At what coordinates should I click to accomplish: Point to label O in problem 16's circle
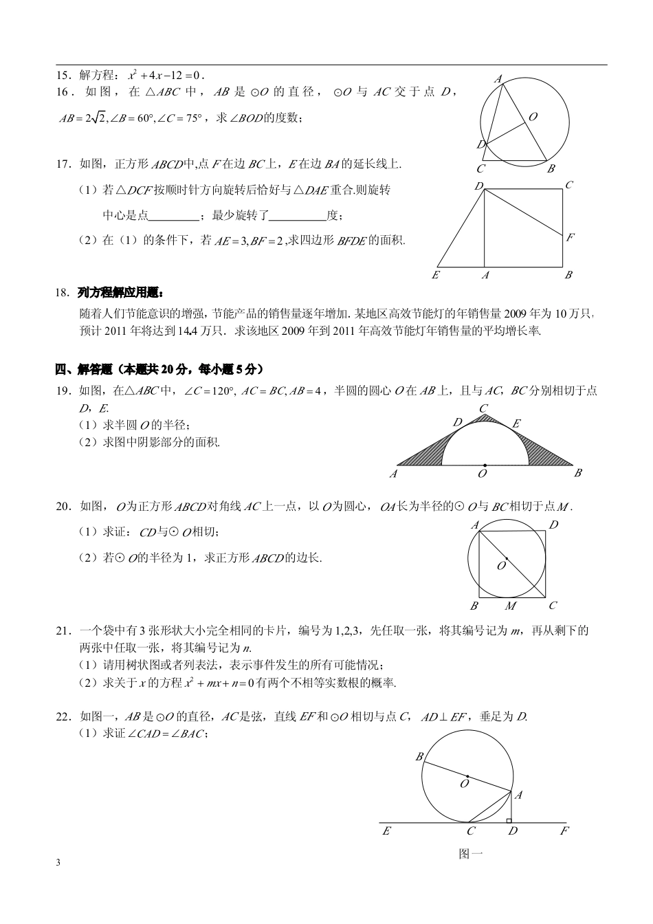[x=533, y=117]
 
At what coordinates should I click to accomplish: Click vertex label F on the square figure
[x=570, y=238]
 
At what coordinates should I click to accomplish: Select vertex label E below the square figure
[x=435, y=275]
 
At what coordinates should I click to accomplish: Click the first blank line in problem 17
[x=173, y=216]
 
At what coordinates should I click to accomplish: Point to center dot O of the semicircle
[x=485, y=465]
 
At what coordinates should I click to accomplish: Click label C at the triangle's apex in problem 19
[x=484, y=409]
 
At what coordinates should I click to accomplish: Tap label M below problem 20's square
[x=511, y=606]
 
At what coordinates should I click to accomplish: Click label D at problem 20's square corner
[x=553, y=525]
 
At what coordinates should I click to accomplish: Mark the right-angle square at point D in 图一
[x=509, y=820]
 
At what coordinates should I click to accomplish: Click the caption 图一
[x=470, y=854]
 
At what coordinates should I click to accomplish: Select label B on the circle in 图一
[x=419, y=757]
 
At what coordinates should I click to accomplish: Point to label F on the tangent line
[x=564, y=831]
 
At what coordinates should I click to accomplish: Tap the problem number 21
[x=63, y=630]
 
